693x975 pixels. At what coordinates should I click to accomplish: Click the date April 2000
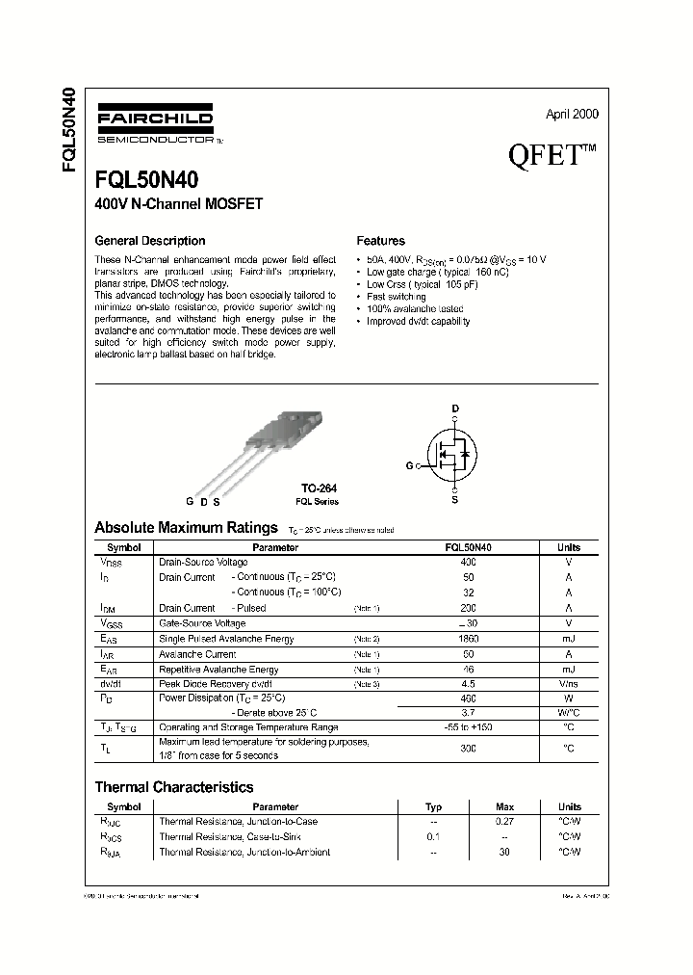pyautogui.click(x=572, y=114)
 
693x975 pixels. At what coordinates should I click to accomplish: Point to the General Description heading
pyautogui.click(x=149, y=241)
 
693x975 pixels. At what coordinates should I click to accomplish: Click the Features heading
pyautogui.click(x=380, y=241)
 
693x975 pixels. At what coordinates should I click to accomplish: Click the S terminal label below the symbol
pyautogui.click(x=455, y=499)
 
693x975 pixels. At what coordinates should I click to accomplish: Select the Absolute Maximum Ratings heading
pyautogui.click(x=187, y=528)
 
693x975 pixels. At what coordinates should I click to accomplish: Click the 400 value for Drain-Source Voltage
pyautogui.click(x=468, y=562)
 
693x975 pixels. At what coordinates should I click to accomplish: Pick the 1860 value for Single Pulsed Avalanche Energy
pyautogui.click(x=468, y=639)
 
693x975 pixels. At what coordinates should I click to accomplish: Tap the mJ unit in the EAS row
pyautogui.click(x=568, y=639)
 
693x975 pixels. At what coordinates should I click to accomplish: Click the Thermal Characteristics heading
pyautogui.click(x=173, y=787)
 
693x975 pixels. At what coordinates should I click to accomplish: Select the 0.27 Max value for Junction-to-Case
pyautogui.click(x=504, y=822)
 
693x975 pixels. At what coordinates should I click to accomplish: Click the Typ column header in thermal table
pyautogui.click(x=433, y=806)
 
